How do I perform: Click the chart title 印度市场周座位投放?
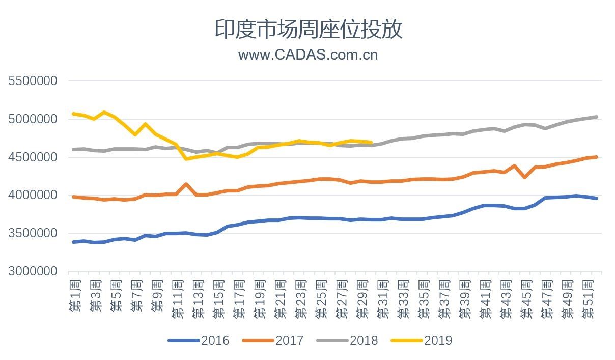(x=308, y=29)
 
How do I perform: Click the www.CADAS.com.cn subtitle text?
(x=308, y=54)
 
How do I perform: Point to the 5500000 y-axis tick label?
(x=33, y=81)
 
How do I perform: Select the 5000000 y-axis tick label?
(x=33, y=119)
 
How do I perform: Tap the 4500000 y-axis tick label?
(x=33, y=157)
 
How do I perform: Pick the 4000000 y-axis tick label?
(x=33, y=195)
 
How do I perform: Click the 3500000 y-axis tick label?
(x=33, y=233)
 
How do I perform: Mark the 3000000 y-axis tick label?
(x=33, y=271)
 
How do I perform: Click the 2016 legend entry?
(x=199, y=340)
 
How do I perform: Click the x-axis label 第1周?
(x=75, y=294)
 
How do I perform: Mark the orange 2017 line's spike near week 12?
(x=186, y=184)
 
